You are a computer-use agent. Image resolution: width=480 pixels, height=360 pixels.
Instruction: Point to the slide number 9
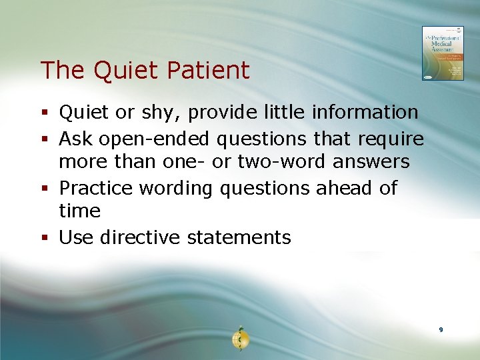pyautogui.click(x=441, y=330)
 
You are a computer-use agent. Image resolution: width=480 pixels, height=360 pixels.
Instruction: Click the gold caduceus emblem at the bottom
pyautogui.click(x=240, y=339)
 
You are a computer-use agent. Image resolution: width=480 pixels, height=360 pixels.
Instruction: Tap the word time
pyautogui.click(x=79, y=211)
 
